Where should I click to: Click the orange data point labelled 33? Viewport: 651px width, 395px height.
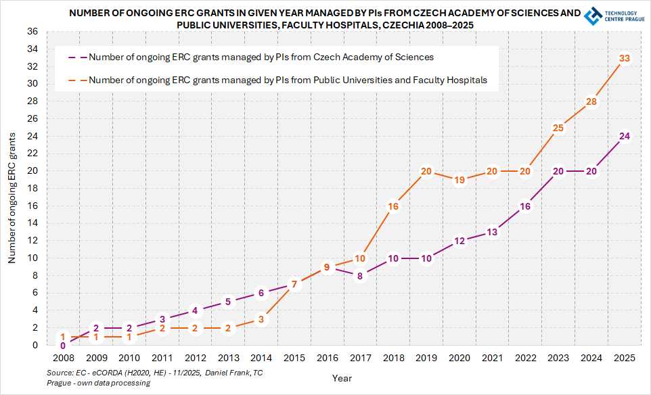click(x=625, y=58)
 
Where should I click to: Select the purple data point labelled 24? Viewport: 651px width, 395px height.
click(x=625, y=136)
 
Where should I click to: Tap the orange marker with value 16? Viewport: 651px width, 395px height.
click(x=393, y=206)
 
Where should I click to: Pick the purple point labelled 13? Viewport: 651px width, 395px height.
click(x=493, y=232)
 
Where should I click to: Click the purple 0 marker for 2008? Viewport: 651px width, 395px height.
click(x=63, y=345)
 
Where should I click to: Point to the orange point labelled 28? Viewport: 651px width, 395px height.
click(x=591, y=101)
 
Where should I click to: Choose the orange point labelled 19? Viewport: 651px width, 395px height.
click(x=459, y=180)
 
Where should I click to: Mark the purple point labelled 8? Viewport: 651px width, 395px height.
click(x=360, y=275)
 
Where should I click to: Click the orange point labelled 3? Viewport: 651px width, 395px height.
click(x=261, y=319)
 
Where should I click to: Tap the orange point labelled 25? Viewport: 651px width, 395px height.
click(x=558, y=128)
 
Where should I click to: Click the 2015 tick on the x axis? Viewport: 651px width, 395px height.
click(x=294, y=358)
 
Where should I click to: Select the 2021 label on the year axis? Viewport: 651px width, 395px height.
click(x=493, y=358)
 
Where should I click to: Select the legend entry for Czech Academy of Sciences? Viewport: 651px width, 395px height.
click(x=261, y=57)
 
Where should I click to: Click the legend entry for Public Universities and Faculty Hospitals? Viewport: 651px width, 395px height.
click(x=288, y=80)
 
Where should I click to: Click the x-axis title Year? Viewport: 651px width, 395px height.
click(x=342, y=379)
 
